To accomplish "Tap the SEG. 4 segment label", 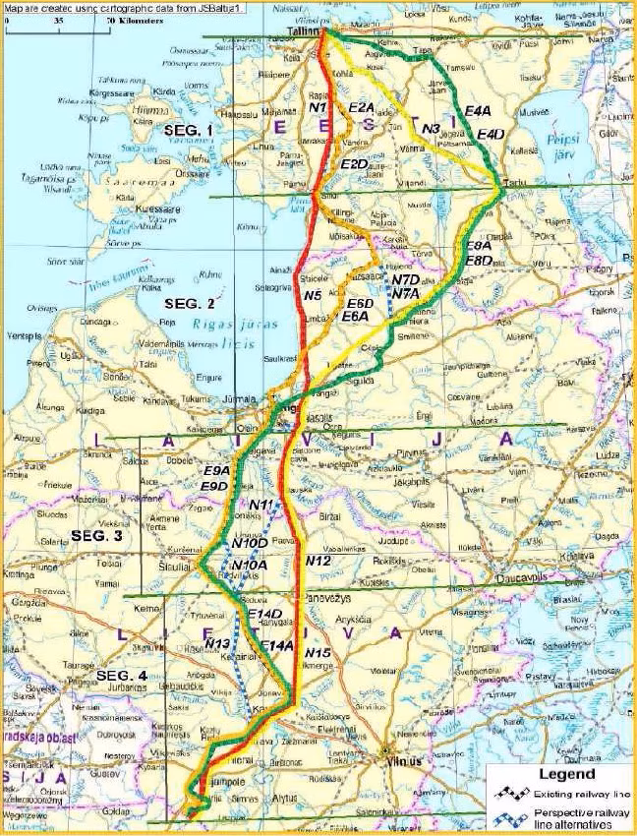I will pyautogui.click(x=124, y=677).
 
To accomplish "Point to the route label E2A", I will pyautogui.click(x=362, y=106).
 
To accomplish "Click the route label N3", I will pyautogui.click(x=429, y=129).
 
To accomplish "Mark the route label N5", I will pyautogui.click(x=314, y=294).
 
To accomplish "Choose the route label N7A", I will pyautogui.click(x=405, y=293).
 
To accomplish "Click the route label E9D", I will pyautogui.click(x=213, y=486).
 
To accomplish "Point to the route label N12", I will pyautogui.click(x=318, y=560).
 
